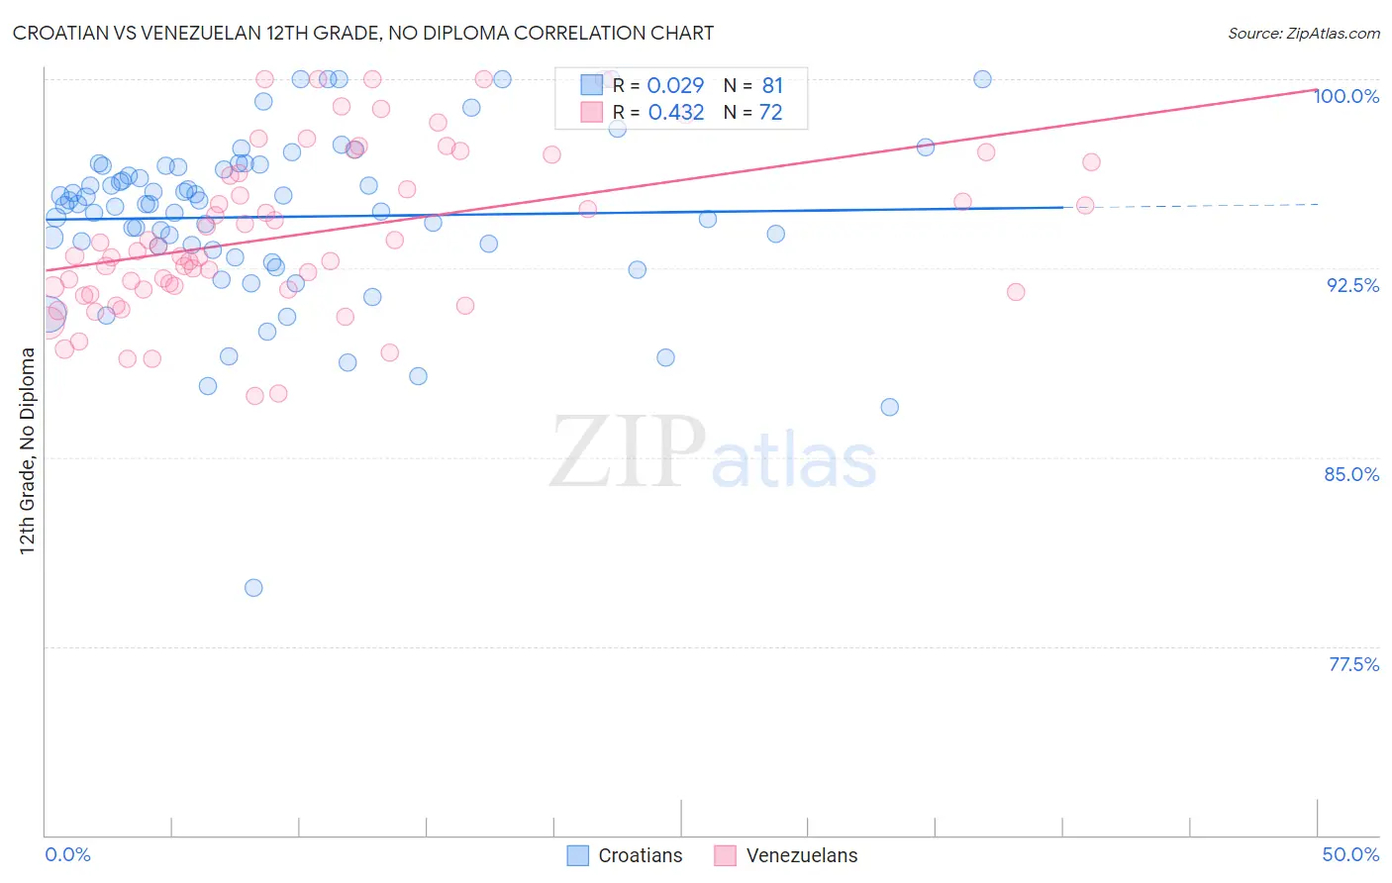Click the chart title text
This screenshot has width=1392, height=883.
[x=362, y=33]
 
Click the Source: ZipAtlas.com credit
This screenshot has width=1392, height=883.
[x=1303, y=33]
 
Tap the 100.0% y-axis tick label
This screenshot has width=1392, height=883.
[x=1346, y=96]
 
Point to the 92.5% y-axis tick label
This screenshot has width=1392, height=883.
[x=1352, y=285]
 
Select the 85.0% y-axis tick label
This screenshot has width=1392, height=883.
[x=1351, y=474]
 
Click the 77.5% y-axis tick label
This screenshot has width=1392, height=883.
[x=1353, y=664]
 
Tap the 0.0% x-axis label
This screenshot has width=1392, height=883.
[x=67, y=854]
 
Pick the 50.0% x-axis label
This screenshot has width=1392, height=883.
[x=1350, y=854]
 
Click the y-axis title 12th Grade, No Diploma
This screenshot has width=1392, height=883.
[x=28, y=450]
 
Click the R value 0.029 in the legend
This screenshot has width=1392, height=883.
[x=675, y=86]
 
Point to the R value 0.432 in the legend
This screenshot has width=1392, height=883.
[x=675, y=113]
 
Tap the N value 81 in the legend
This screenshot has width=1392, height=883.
[x=772, y=86]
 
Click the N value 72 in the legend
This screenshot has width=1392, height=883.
[x=770, y=113]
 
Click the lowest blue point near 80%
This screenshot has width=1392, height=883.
[x=253, y=588]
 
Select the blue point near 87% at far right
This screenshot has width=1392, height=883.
[x=889, y=407]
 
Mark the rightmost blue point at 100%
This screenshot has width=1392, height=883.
[x=982, y=79]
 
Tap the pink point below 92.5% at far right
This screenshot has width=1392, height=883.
[x=1015, y=292]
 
